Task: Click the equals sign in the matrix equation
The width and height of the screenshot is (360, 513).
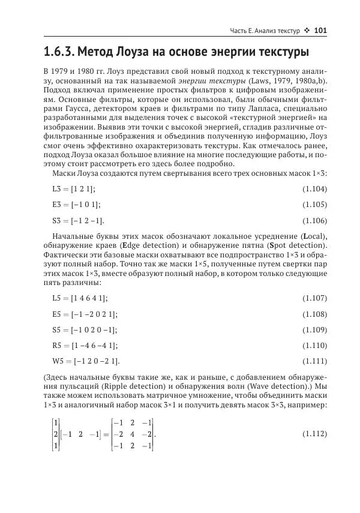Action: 105,433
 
